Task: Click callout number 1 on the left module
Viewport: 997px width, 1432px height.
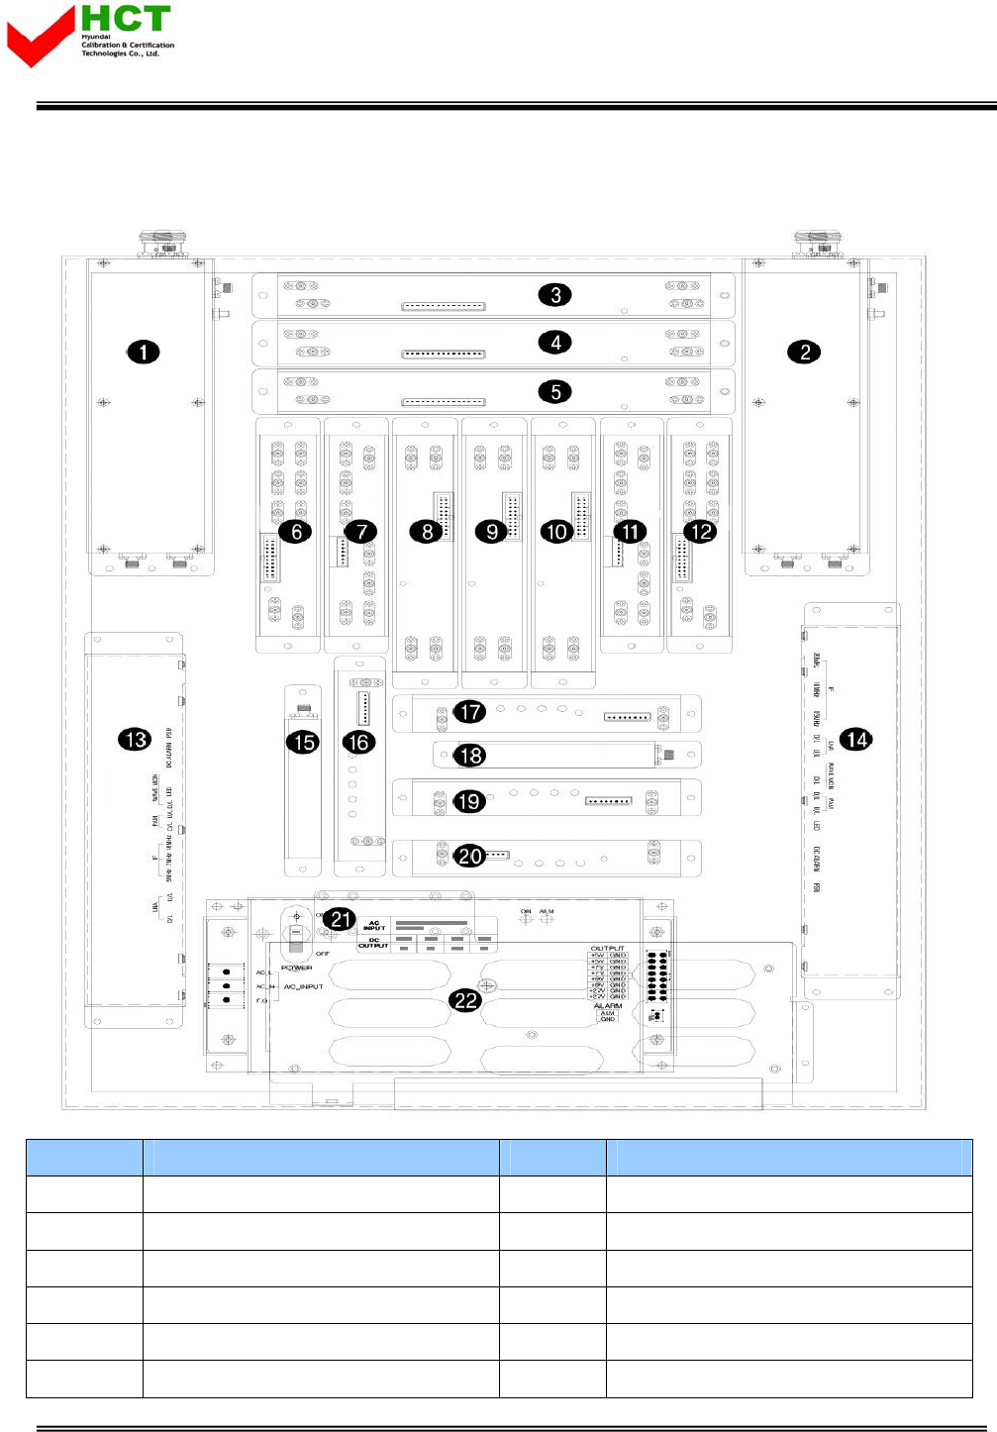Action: coord(144,353)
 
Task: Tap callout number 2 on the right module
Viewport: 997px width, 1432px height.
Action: coord(805,353)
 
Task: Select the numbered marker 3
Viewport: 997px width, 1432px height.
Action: coord(555,295)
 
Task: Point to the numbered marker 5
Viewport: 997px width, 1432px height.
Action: coord(555,392)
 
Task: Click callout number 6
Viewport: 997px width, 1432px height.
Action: coord(295,532)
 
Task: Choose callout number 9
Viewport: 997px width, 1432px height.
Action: coord(492,532)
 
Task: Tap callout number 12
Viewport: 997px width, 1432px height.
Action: coord(701,532)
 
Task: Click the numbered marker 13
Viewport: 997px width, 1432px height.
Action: coord(135,739)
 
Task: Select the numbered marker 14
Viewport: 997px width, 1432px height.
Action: coord(856,739)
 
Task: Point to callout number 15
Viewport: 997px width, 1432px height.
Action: coord(303,742)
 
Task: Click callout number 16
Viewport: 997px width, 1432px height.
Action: coord(359,742)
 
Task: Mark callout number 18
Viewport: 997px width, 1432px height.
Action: coord(471,756)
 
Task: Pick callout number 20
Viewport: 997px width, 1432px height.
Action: coord(470,855)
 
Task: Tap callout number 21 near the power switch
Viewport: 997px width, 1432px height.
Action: coord(342,919)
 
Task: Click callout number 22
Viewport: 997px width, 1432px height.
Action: coord(465,1000)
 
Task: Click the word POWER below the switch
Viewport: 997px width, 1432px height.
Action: coord(297,968)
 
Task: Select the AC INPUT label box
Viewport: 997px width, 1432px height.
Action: coord(374,927)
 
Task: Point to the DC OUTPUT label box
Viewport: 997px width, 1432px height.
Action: coord(373,943)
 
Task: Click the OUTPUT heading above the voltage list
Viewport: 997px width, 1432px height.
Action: coord(608,949)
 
